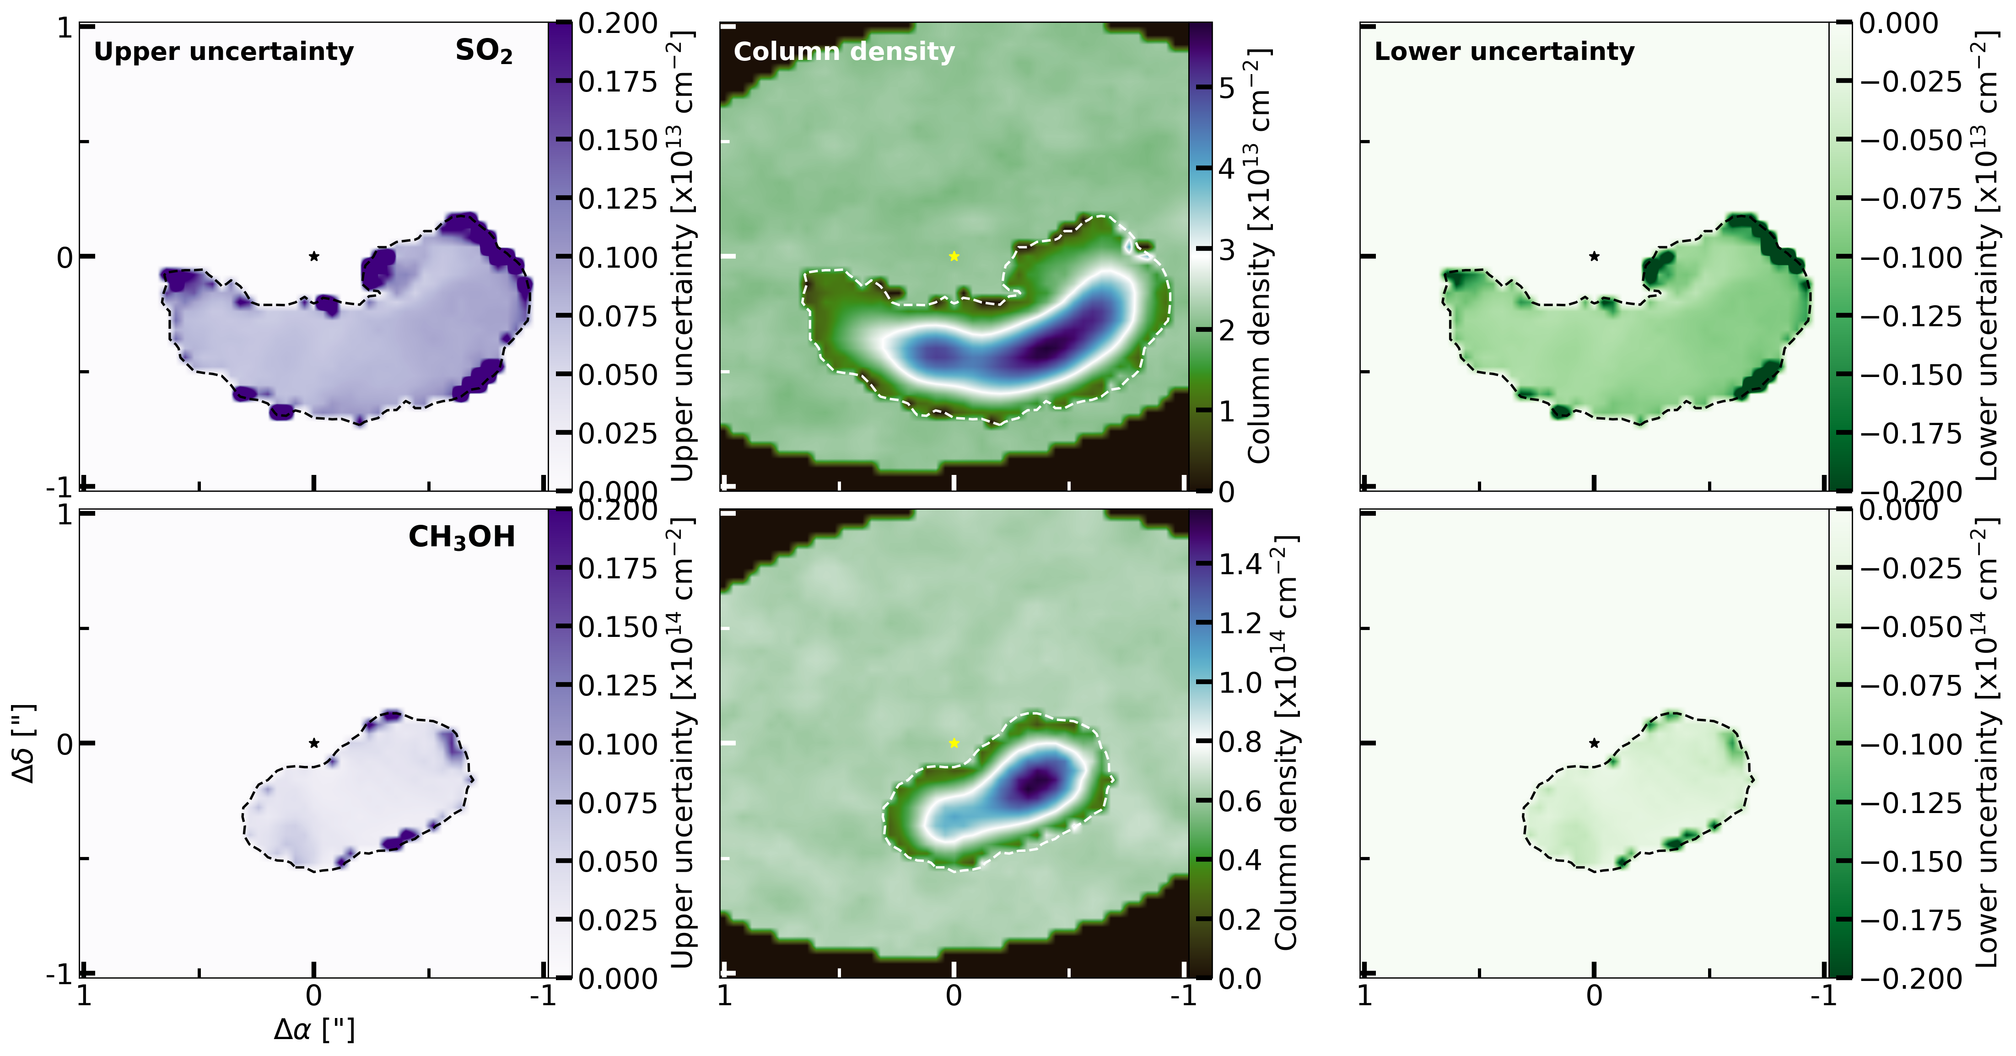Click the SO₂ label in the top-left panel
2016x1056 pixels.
[484, 52]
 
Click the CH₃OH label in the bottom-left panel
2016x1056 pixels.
[462, 537]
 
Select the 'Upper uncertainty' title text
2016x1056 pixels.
[224, 52]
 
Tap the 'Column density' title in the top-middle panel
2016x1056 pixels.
[844, 52]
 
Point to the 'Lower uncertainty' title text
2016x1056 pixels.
[1504, 52]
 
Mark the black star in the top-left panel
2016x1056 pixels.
[314, 256]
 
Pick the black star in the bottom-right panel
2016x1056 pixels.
[1594, 743]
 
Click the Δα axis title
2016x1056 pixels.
[314, 1029]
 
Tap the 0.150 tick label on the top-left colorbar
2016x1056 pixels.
[618, 141]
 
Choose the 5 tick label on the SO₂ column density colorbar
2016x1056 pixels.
[1226, 88]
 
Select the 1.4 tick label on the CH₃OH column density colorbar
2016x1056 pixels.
[1240, 564]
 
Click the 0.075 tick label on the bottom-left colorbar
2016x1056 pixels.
[618, 803]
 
